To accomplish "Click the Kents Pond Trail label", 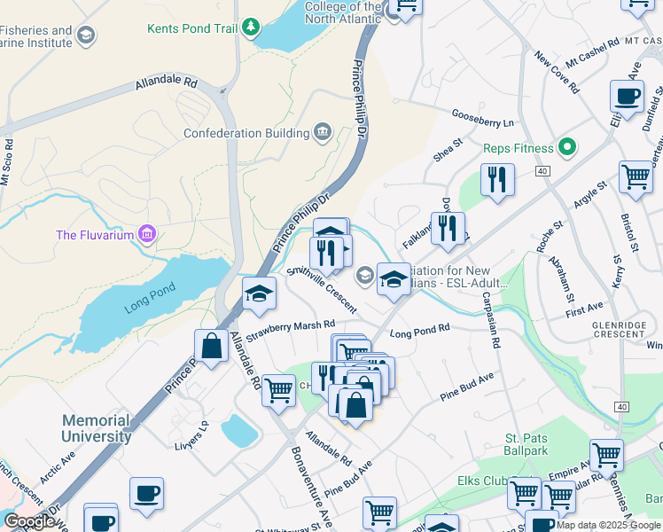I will click(x=191, y=28).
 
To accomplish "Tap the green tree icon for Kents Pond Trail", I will click(x=252, y=27).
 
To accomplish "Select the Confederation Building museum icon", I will click(x=322, y=134).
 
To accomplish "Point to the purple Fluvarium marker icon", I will click(x=147, y=235).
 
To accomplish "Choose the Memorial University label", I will click(x=97, y=428).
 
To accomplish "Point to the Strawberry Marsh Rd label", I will click(x=291, y=331).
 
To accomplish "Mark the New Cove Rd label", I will click(x=557, y=73).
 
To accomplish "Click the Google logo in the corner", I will click(x=28, y=520).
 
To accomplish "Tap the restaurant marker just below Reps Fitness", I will click(x=497, y=180).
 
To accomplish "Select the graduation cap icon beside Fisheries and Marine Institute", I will click(x=86, y=35).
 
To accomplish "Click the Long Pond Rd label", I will click(x=420, y=331).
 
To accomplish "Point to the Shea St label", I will click(x=448, y=150).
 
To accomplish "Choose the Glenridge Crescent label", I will click(x=619, y=330).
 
